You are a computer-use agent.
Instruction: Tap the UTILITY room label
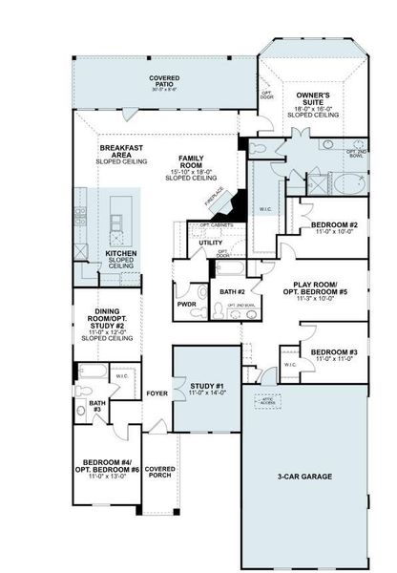click(211, 243)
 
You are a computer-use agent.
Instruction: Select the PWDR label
click(186, 305)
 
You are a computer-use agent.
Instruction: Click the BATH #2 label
click(232, 291)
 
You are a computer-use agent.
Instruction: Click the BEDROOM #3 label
click(333, 352)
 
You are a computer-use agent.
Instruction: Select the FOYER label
click(157, 393)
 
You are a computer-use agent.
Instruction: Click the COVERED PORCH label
click(159, 473)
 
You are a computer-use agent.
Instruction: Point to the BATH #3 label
click(97, 406)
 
